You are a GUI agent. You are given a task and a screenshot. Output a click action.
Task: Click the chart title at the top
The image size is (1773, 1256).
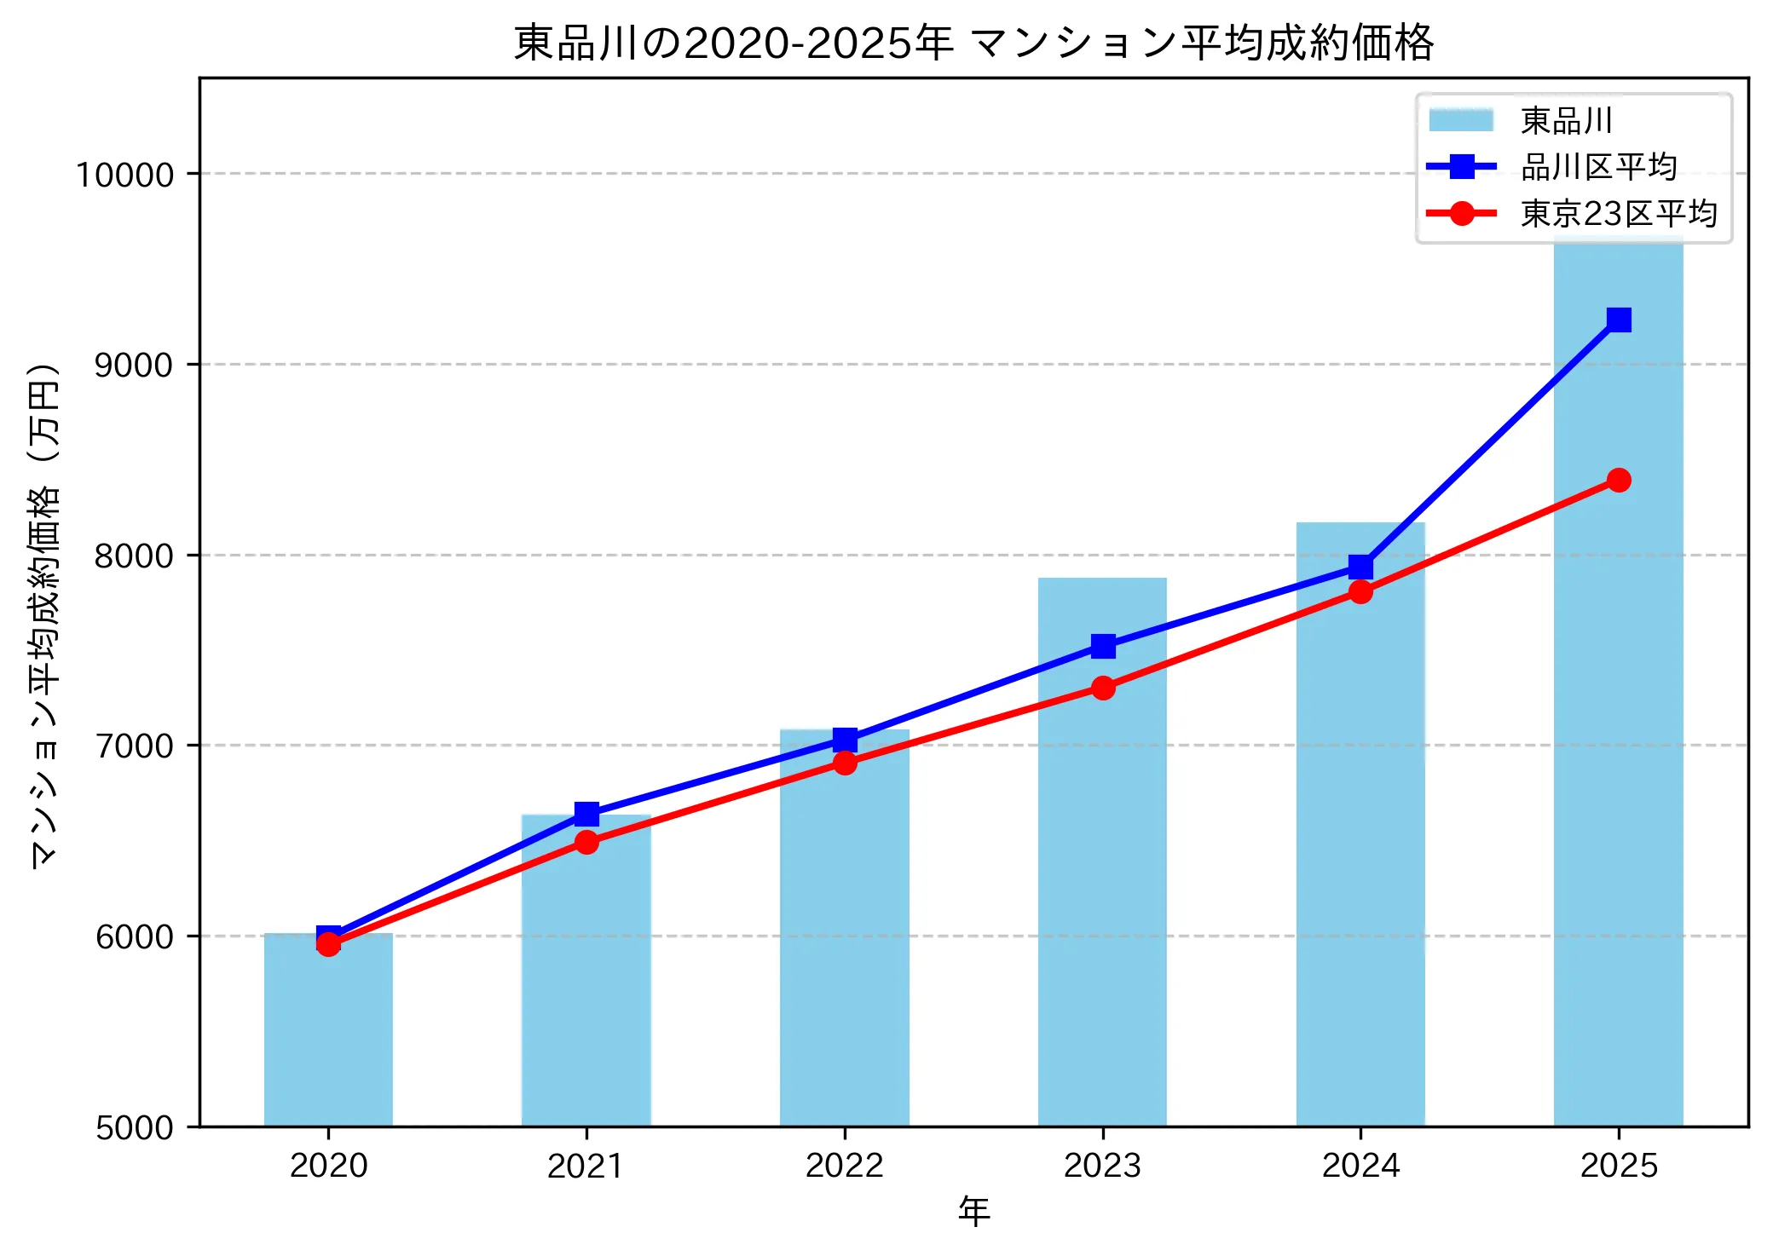pos(973,43)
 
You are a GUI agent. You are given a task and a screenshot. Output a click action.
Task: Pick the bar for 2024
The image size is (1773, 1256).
pos(1360,852)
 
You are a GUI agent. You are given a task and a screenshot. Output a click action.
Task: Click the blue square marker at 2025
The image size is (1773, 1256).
pos(1619,320)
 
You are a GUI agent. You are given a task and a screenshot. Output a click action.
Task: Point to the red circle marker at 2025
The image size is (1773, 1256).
pos(1619,481)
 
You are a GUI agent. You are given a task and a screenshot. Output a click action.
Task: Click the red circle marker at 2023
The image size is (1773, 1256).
pos(1103,688)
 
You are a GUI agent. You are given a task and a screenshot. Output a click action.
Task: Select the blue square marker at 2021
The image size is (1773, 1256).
pos(586,814)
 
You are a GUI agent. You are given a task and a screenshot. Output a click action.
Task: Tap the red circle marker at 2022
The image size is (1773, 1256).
pos(845,763)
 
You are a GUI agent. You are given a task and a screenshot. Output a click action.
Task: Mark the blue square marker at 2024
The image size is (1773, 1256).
pos(1360,567)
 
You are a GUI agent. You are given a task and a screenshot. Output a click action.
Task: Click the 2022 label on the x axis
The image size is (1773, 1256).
pos(844,1165)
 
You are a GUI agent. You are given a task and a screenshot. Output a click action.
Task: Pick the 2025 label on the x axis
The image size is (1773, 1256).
pos(1618,1165)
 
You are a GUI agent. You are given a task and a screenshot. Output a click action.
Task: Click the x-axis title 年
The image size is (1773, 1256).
pos(973,1211)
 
